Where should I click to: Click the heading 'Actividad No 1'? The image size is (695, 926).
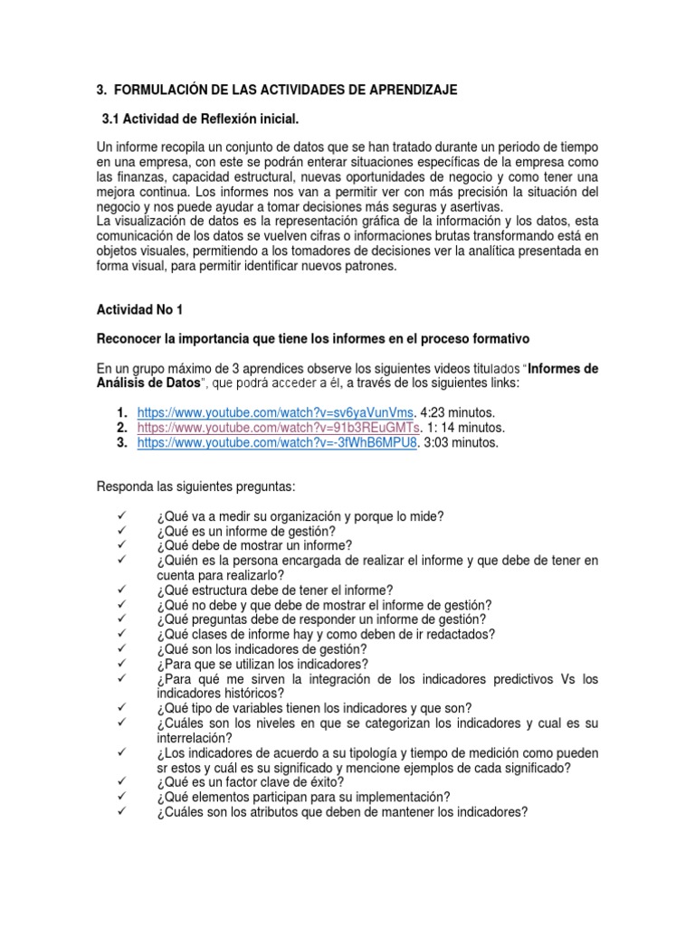point(139,309)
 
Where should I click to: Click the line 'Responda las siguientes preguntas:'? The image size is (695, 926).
point(195,487)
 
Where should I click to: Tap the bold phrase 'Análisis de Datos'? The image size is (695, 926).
point(145,383)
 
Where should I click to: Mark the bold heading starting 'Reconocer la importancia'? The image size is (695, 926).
point(312,338)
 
